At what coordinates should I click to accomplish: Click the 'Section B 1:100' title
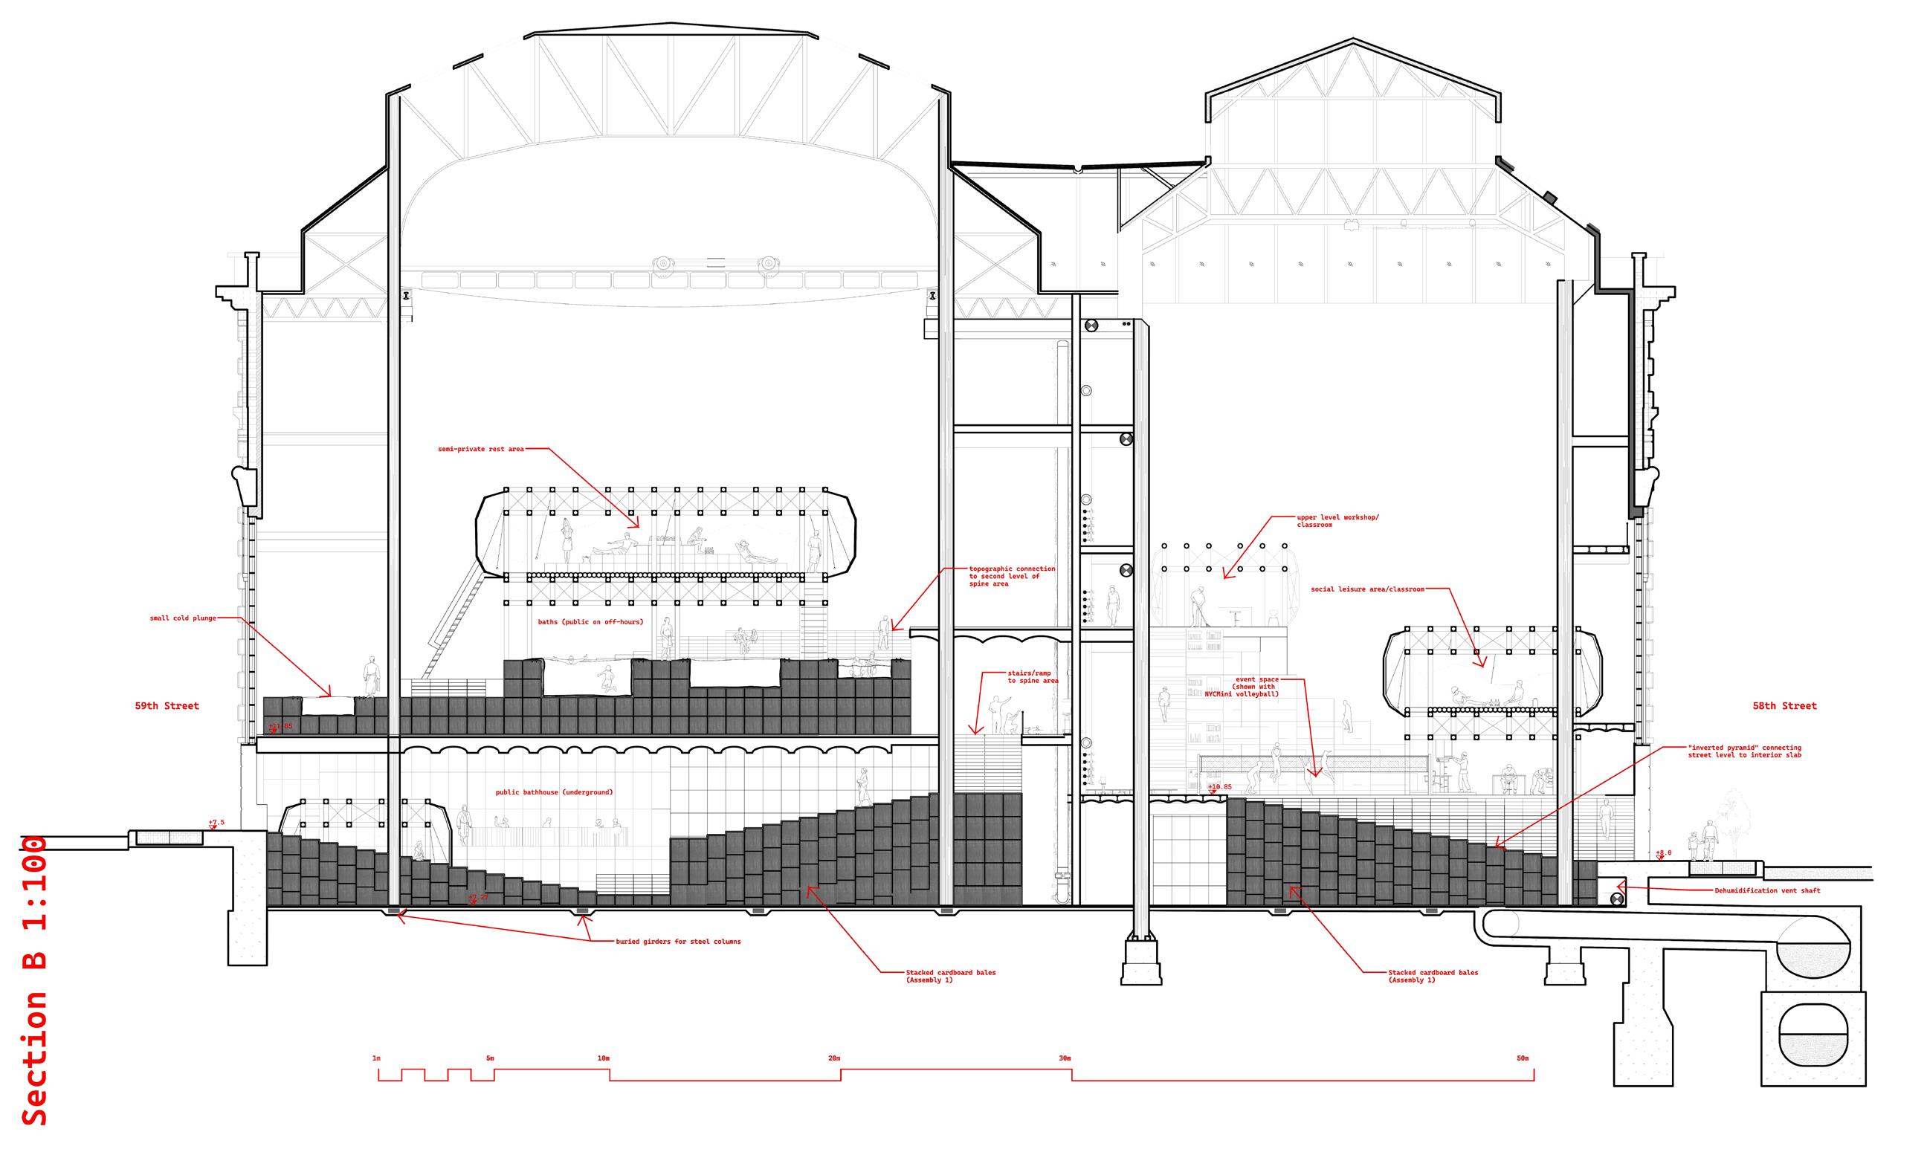tap(35, 980)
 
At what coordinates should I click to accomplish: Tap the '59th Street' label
tap(167, 706)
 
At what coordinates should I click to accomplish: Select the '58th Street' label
tap(1784, 706)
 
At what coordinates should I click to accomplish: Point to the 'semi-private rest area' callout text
tap(481, 449)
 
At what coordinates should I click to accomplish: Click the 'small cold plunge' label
tap(183, 618)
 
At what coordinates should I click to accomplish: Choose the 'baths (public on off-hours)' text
tap(590, 622)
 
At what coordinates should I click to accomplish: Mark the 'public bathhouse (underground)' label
tap(554, 792)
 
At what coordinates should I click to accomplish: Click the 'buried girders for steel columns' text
tap(678, 942)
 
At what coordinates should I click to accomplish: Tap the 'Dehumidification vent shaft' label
tap(1766, 890)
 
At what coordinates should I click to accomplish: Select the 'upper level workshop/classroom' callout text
tap(1337, 521)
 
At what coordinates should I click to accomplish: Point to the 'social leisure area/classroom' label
tap(1367, 589)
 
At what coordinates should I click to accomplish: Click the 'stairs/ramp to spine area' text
tap(1033, 677)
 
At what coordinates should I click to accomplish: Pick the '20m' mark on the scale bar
tap(834, 1058)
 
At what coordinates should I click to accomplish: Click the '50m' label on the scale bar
tap(1523, 1058)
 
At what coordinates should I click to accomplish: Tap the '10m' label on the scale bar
tap(604, 1058)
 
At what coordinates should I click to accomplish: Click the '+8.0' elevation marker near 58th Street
tap(1663, 853)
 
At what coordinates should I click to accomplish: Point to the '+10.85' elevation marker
tap(1219, 787)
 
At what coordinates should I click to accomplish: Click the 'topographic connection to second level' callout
tap(1012, 576)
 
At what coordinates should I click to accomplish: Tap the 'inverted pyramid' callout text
tap(1744, 751)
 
